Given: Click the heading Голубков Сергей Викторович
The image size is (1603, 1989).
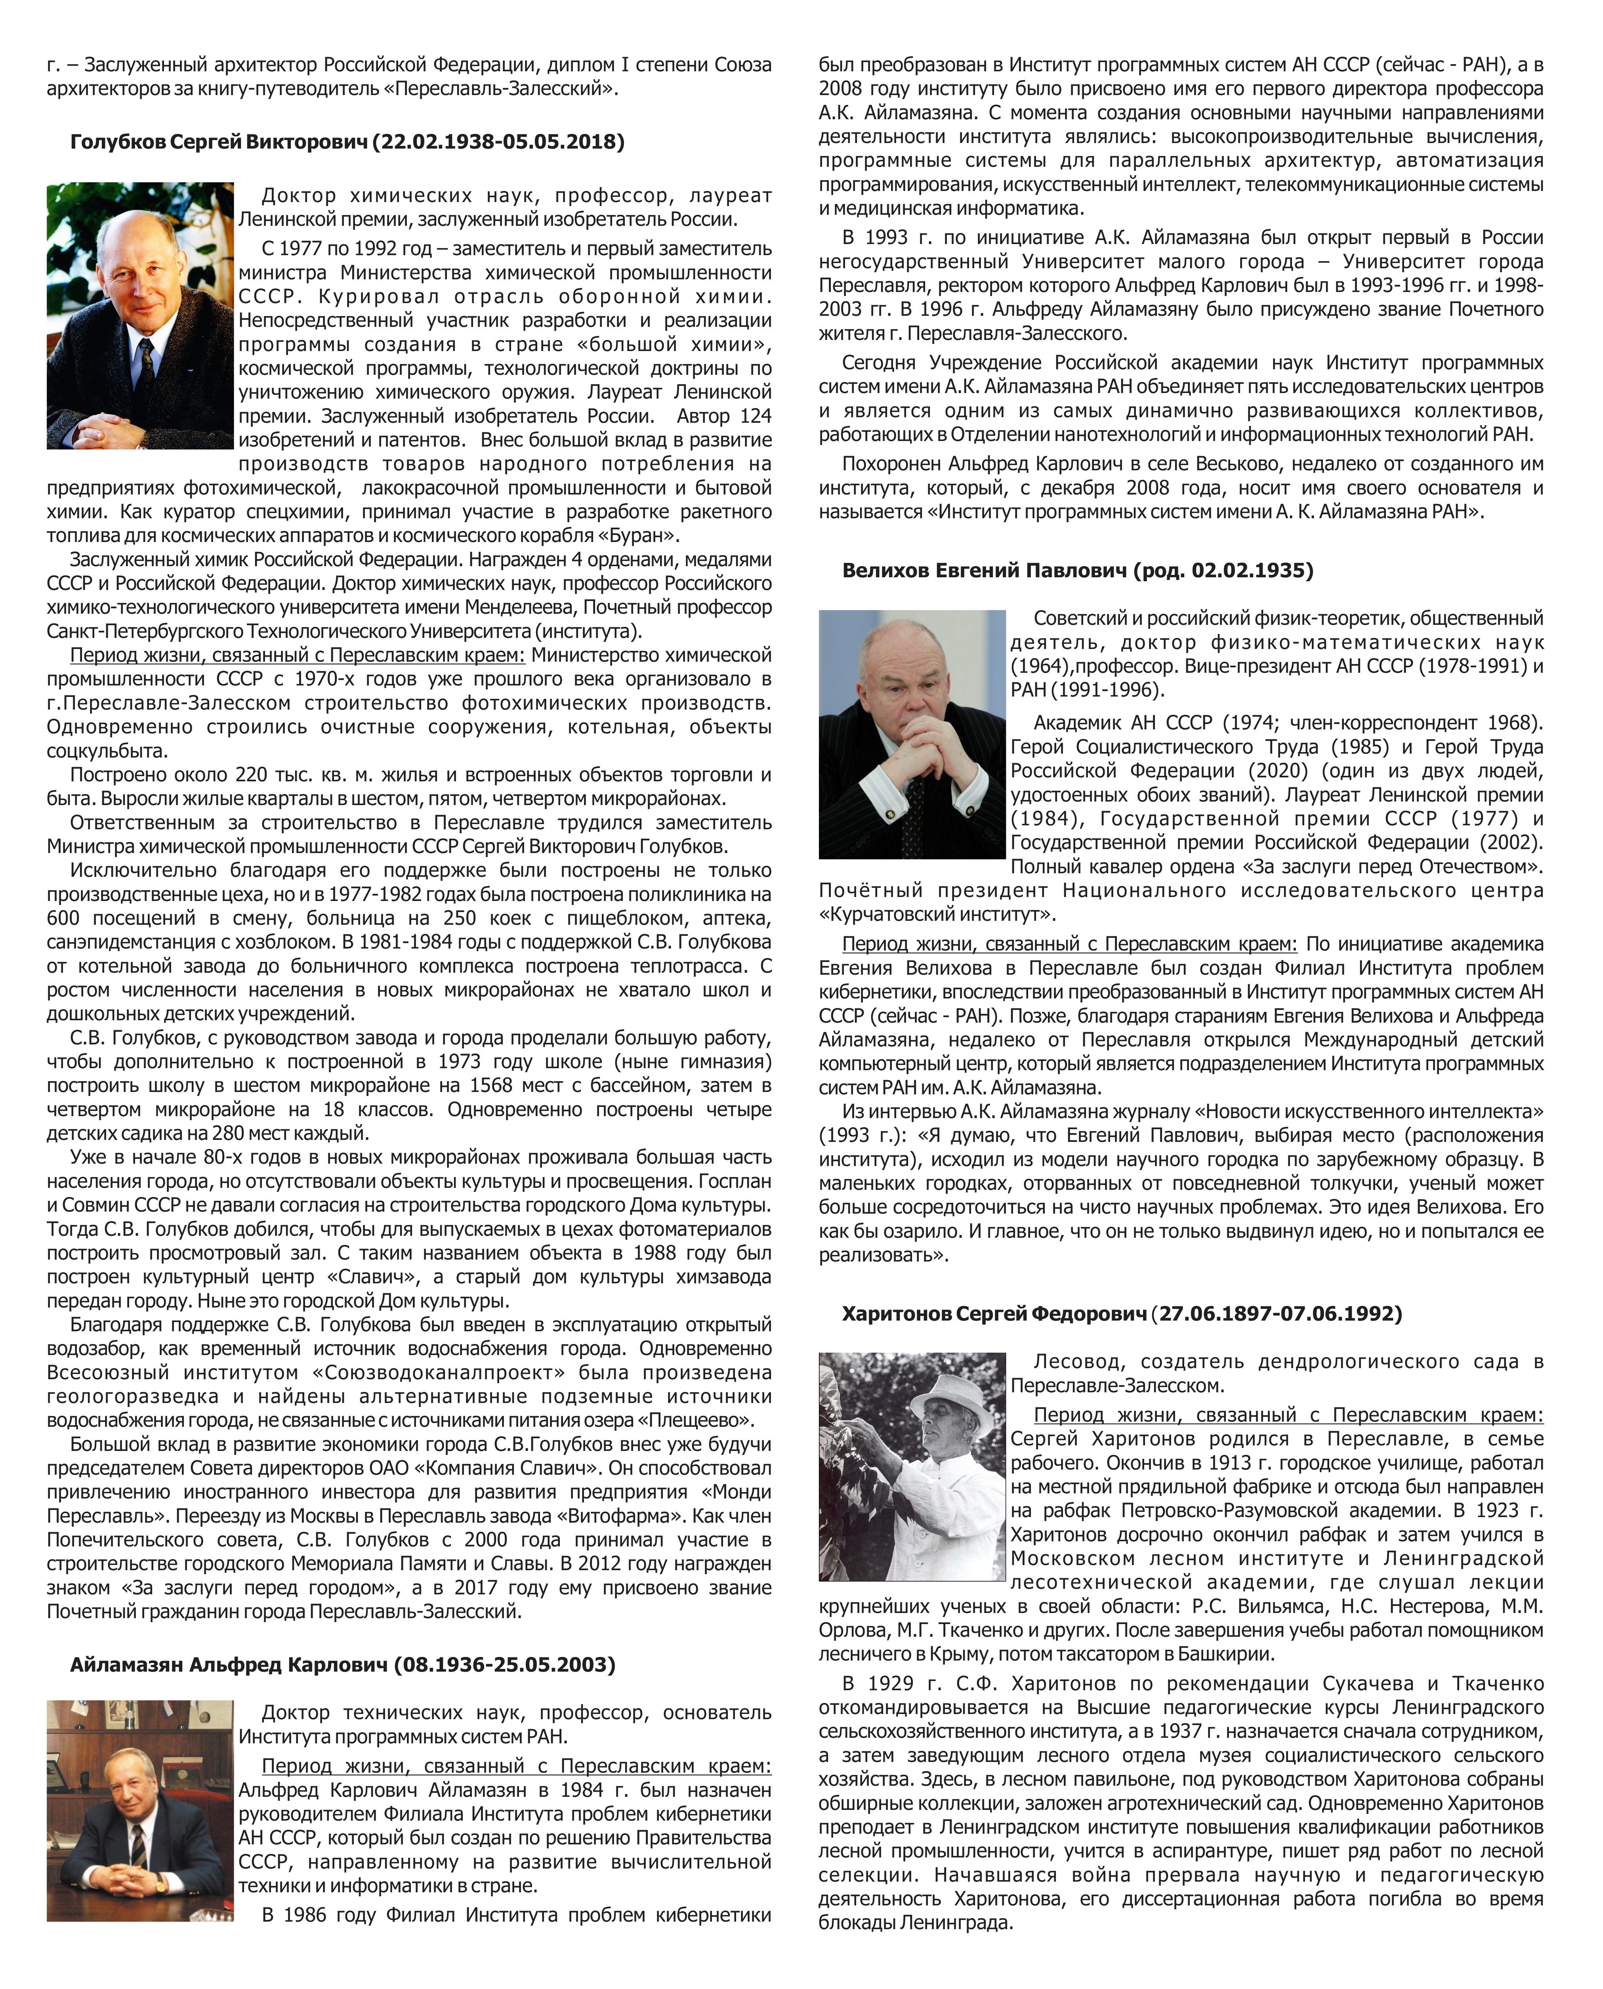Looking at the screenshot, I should [x=220, y=142].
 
